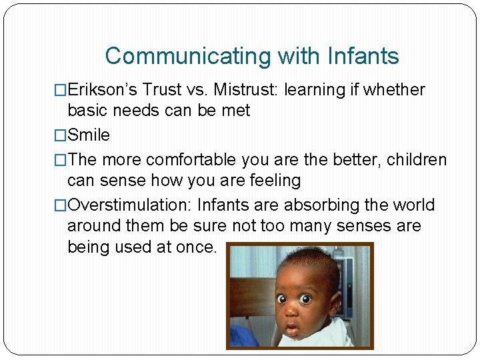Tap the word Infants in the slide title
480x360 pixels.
(363, 56)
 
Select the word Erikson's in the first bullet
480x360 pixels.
(102, 90)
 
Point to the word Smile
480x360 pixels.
(89, 135)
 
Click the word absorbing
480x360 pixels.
(324, 205)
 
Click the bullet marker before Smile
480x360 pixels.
(61, 135)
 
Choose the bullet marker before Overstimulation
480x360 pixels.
(61, 205)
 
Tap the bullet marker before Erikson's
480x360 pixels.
(61, 90)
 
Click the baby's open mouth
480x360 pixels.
(291, 329)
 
